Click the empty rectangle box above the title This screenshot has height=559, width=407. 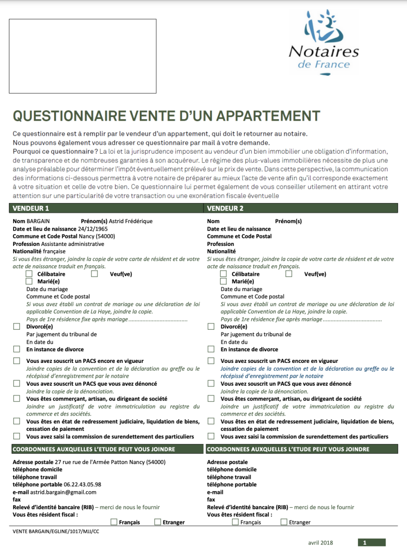[x=83, y=56]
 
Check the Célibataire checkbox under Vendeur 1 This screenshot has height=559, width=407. [x=29, y=274]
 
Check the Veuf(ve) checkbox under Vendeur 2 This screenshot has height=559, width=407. [x=289, y=274]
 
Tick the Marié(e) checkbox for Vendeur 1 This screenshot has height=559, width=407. [x=29, y=281]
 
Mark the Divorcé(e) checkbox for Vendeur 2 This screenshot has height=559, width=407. [x=211, y=327]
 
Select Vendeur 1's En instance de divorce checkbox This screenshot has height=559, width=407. [x=17, y=349]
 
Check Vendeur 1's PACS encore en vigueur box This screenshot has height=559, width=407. [x=17, y=361]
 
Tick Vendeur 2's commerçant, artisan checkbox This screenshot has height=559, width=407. [x=211, y=399]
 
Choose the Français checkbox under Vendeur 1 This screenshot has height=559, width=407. [x=114, y=522]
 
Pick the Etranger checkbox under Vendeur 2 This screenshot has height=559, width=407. [x=284, y=522]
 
